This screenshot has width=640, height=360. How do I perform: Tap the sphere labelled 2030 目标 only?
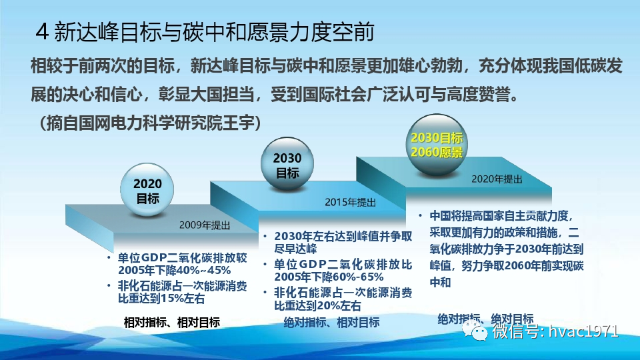click(x=287, y=165)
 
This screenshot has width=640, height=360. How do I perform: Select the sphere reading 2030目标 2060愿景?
click(x=436, y=145)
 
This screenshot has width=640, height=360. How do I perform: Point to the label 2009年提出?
click(x=205, y=225)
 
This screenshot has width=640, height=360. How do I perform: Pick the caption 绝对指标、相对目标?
click(x=331, y=323)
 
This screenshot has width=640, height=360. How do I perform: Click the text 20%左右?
click(x=337, y=306)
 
